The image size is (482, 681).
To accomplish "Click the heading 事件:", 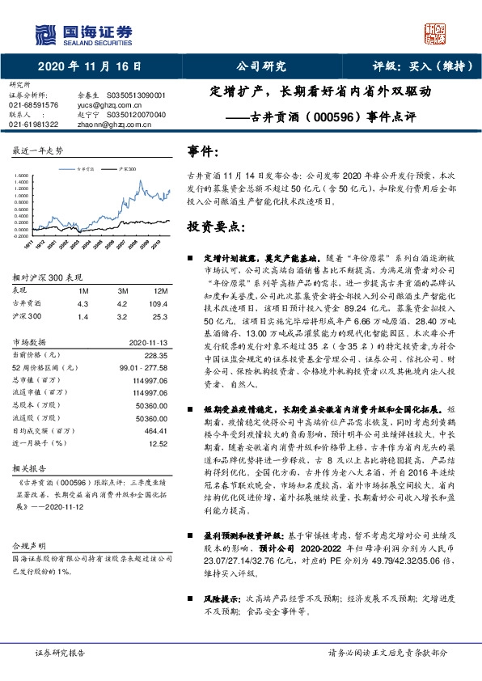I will pyautogui.click(x=202, y=151).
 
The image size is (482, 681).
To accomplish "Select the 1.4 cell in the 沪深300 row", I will pyautogui.click(x=82, y=317).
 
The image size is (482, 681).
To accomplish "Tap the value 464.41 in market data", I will pyautogui.click(x=155, y=431).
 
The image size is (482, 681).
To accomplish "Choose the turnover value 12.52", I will pyautogui.click(x=159, y=444).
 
